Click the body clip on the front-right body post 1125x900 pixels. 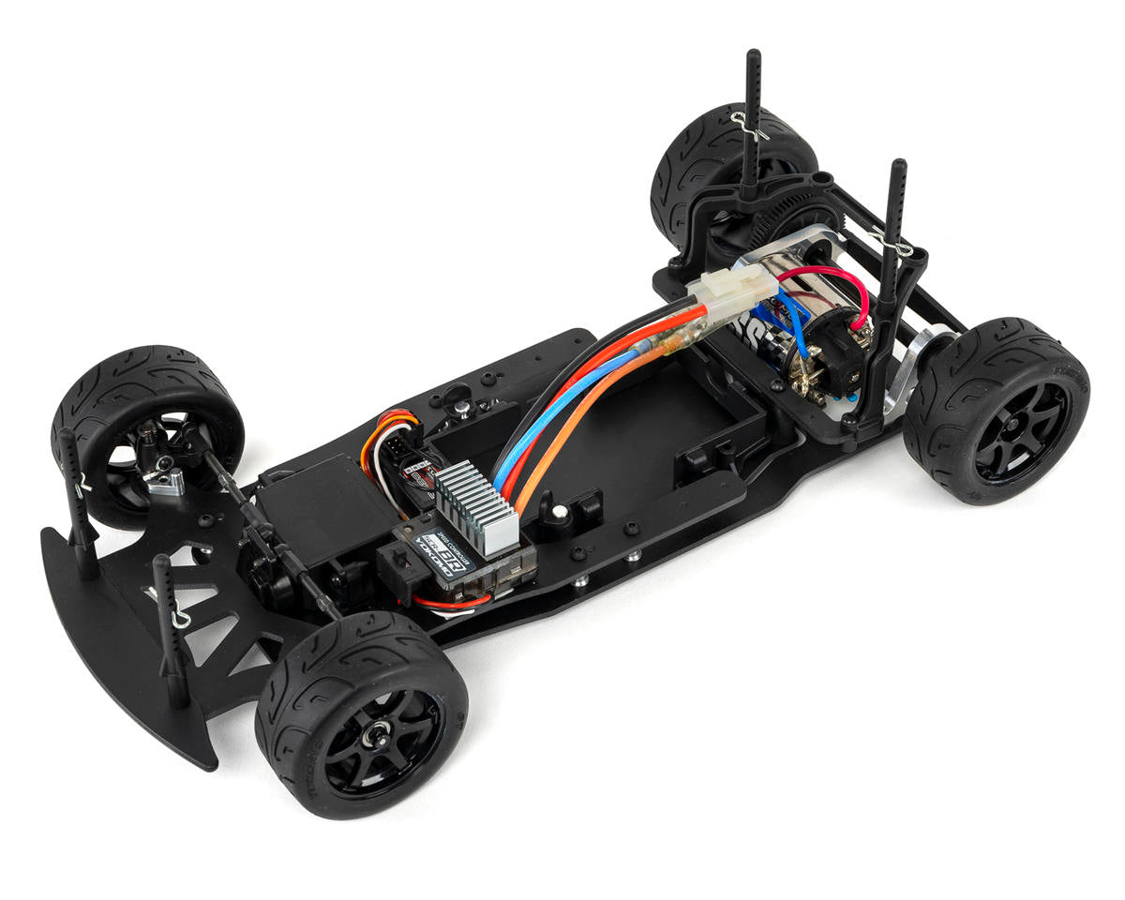(x=173, y=618)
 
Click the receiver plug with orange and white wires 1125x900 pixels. (x=394, y=441)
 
